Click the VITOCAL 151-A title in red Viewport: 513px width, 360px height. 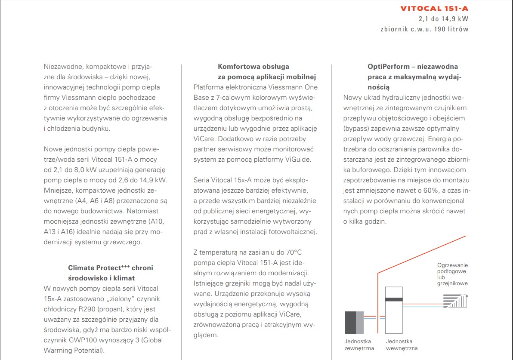[x=434, y=8]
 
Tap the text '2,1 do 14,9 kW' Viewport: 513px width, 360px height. [x=443, y=19]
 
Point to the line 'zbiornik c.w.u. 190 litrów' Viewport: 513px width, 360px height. [x=424, y=29]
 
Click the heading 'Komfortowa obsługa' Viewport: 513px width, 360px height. [x=253, y=67]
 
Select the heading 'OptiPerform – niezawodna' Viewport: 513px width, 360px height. [x=412, y=67]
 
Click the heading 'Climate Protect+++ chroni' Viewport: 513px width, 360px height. [x=111, y=268]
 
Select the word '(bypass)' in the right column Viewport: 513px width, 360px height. [x=355, y=129]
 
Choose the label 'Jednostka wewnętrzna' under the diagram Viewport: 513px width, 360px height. [x=402, y=345]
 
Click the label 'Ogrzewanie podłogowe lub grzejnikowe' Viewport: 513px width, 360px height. [x=452, y=274]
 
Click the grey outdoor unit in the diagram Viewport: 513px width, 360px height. [x=354, y=321]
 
